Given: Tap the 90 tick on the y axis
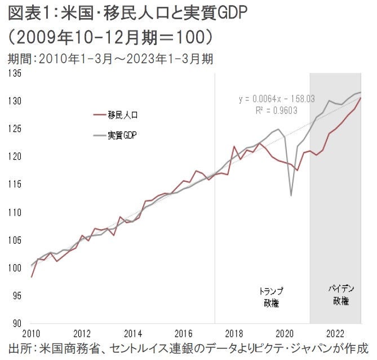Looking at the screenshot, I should [x=15, y=323].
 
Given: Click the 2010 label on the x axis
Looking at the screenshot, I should [x=32, y=332].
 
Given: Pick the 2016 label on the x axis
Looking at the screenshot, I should [x=183, y=332].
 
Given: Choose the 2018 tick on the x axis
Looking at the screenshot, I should [x=234, y=332].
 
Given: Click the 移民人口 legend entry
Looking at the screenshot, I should [x=123, y=115].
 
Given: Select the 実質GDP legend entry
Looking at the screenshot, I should [x=123, y=136].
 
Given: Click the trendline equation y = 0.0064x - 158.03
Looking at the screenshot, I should [x=277, y=99].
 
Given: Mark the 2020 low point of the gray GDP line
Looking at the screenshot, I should [x=291, y=195].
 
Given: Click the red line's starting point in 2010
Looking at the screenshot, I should [x=32, y=277].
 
